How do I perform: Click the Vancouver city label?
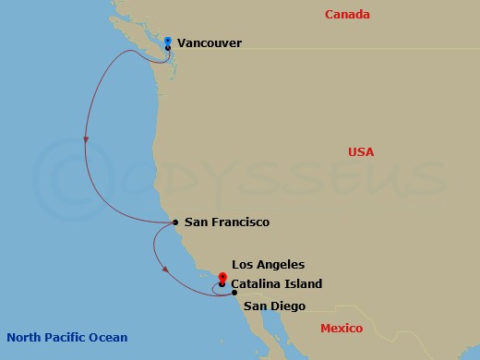(210, 42)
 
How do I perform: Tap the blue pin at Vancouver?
(167, 42)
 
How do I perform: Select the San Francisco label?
(226, 222)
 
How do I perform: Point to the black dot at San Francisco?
(175, 222)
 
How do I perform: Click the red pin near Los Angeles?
(222, 277)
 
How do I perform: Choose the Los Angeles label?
(268, 264)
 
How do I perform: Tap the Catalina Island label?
(277, 284)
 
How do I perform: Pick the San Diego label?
(274, 306)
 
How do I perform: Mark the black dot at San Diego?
(234, 293)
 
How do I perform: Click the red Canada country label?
(348, 15)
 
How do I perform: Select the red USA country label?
(360, 151)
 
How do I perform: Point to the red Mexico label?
(342, 329)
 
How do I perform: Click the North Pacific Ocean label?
(66, 337)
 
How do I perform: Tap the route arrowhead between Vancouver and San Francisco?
(86, 141)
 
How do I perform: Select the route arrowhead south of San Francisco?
(164, 270)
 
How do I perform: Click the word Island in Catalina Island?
(304, 284)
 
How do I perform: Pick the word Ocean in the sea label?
(109, 337)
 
